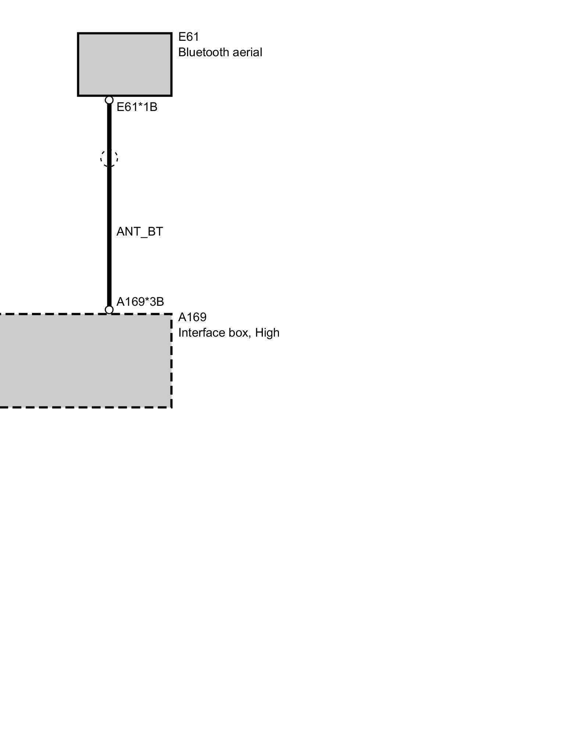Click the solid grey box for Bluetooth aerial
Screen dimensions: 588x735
point(125,65)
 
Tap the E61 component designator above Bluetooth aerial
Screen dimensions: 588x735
point(189,37)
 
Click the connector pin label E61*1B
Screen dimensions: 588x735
point(137,107)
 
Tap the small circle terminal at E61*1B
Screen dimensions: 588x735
point(109,100)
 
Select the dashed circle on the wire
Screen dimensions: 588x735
point(109,158)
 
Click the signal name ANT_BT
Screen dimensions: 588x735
point(140,232)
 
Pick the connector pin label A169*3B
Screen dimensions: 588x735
point(140,302)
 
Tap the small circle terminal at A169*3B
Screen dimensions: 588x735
point(109,310)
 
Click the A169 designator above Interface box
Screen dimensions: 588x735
point(192,317)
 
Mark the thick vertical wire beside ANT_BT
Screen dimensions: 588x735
point(109,232)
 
